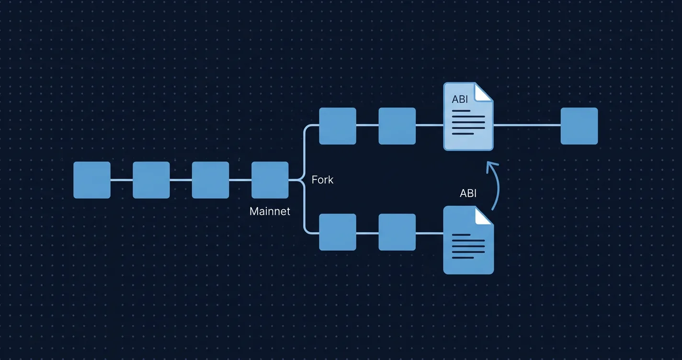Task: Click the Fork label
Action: (322, 180)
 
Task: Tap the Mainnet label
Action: (270, 211)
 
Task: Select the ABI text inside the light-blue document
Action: (460, 100)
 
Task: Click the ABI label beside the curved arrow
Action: (468, 193)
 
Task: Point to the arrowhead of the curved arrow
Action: (489, 166)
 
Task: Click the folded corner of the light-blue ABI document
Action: (483, 92)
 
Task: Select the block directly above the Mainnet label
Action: (270, 180)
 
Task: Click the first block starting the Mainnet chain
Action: (92, 180)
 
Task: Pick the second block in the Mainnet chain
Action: (151, 180)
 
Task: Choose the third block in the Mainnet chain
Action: (211, 180)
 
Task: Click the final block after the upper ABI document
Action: (579, 126)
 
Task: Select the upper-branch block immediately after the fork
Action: (338, 126)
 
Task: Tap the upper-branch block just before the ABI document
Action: (397, 126)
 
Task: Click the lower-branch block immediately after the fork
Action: (338, 232)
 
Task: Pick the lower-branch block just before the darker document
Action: (397, 232)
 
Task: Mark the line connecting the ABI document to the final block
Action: (527, 125)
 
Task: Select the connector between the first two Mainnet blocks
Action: (122, 180)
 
